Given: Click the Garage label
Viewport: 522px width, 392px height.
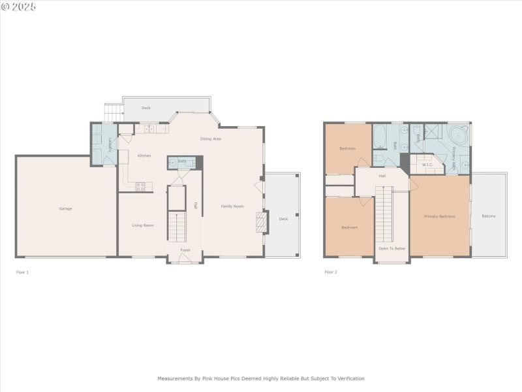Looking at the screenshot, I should click(x=65, y=208).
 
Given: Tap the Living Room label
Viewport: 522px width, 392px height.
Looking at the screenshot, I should click(x=143, y=225).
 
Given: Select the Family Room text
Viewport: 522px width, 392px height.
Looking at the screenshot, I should click(x=232, y=206).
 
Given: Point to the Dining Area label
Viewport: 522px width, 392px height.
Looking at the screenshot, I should click(x=210, y=139).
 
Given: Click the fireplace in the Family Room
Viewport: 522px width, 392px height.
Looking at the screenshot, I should click(x=261, y=222).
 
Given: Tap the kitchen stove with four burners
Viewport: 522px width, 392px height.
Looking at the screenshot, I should click(x=140, y=186).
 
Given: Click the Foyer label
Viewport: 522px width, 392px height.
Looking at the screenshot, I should click(x=186, y=250).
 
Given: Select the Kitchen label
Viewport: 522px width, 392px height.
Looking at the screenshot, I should click(x=144, y=155).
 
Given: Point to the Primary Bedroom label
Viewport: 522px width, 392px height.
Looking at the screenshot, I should click(x=439, y=216).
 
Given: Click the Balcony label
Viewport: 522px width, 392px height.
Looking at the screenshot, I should click(x=489, y=216).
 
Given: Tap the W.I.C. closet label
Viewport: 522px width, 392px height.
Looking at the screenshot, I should click(x=428, y=165).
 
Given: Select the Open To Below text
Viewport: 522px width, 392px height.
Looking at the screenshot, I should click(x=392, y=249).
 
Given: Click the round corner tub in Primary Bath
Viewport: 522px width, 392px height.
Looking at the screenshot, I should click(x=459, y=137).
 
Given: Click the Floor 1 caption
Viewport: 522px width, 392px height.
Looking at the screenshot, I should click(x=22, y=272).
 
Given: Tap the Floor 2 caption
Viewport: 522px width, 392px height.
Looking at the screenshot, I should click(x=331, y=272).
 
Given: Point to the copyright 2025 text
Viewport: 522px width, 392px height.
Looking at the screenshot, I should click(x=19, y=7).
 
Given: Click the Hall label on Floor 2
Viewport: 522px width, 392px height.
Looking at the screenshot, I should click(x=382, y=175).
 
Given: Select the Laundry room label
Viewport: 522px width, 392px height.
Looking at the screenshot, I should click(x=110, y=145).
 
